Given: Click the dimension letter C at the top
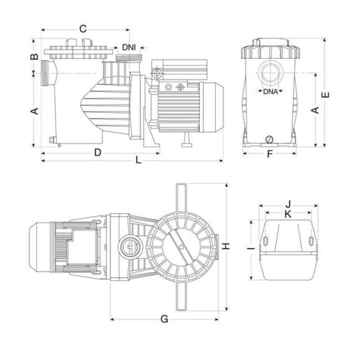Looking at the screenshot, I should point(83,29).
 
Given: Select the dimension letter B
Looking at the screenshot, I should point(33,57).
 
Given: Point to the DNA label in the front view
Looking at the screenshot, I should point(270,92).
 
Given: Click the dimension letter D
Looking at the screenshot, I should point(97,153).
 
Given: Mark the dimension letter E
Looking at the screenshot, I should point(326,94).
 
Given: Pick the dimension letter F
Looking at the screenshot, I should point(270,154).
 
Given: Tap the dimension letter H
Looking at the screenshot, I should point(227,246).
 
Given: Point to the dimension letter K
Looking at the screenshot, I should point(288,214).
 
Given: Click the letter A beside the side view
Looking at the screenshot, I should point(33,111).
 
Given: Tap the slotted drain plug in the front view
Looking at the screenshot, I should point(270,139).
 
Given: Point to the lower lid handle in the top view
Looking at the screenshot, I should point(181,297).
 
